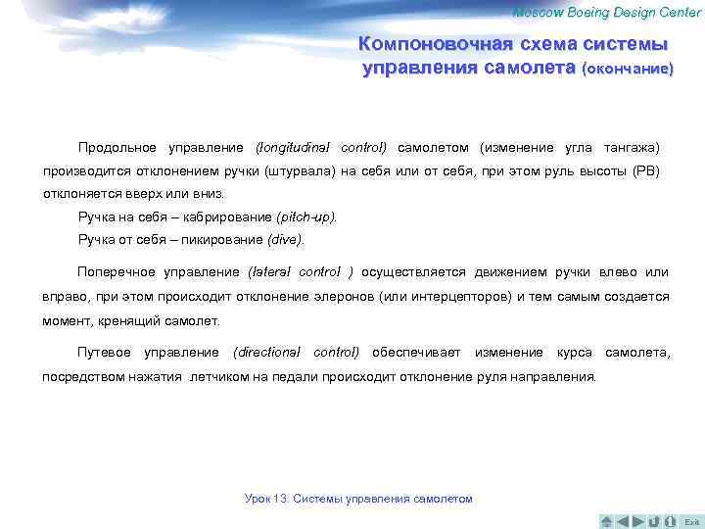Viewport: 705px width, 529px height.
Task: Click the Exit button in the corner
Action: pos(691,521)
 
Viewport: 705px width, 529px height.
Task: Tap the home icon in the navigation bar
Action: pos(607,521)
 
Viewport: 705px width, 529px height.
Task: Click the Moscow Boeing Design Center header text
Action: pos(606,11)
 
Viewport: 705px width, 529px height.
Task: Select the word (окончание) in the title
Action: pos(627,71)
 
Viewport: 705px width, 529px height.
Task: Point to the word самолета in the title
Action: pos(529,69)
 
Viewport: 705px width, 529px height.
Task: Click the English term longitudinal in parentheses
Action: pos(295,147)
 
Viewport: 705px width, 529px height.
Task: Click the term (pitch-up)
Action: pos(306,216)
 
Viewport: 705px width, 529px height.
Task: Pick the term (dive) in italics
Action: pos(286,239)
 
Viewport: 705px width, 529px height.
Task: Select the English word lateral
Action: pos(270,271)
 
